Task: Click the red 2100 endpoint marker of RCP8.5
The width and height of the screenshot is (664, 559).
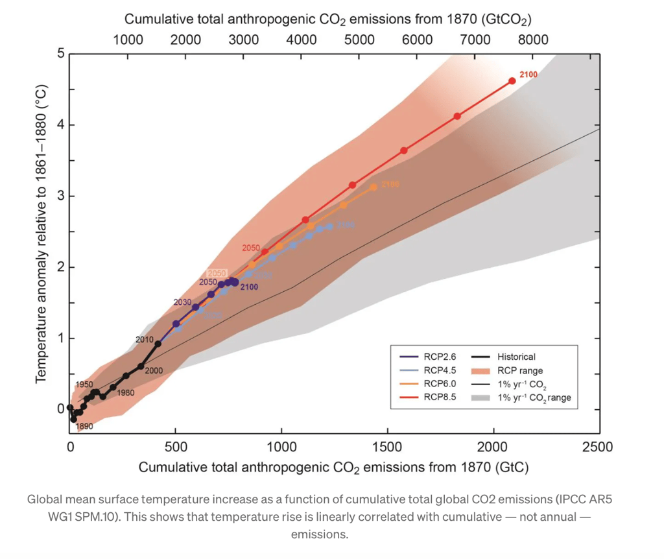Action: pos(512,81)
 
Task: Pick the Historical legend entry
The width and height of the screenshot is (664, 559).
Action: pos(516,357)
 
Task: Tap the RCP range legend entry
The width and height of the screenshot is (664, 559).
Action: pos(520,370)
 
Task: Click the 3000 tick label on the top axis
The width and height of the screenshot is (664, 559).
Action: pos(244,40)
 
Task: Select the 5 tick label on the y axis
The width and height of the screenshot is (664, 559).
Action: pos(61,53)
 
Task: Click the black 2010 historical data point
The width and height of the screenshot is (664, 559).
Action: pos(158,344)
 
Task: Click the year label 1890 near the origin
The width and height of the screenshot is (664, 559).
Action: pos(84,427)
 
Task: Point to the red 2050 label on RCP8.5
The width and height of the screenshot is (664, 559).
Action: pos(251,248)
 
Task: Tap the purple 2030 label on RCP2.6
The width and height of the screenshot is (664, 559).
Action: pos(182,302)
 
